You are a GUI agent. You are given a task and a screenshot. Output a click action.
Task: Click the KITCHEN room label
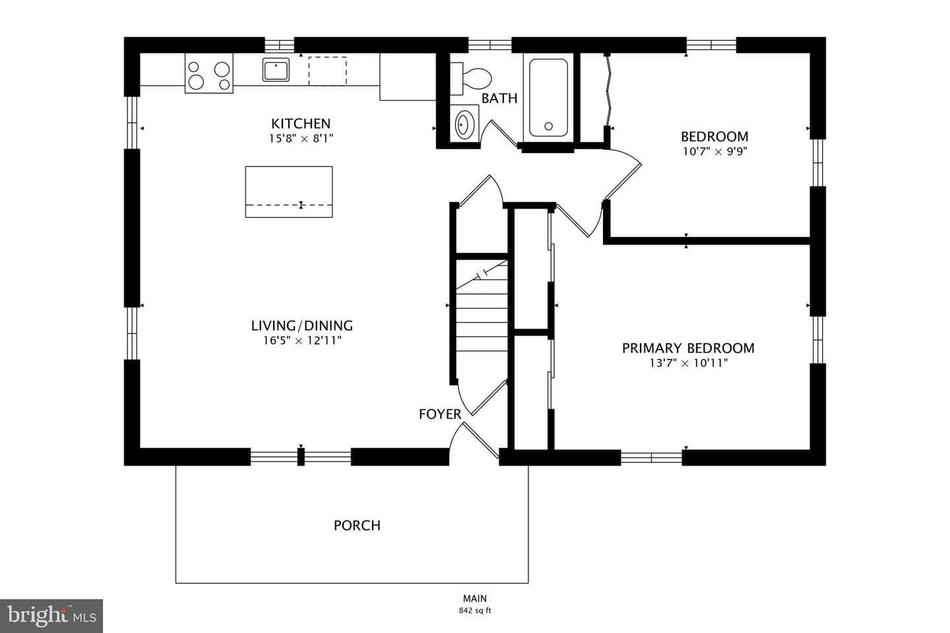point(301,123)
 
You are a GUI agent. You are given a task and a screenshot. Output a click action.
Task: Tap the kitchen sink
point(276,69)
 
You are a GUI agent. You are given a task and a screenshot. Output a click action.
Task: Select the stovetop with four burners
point(208,73)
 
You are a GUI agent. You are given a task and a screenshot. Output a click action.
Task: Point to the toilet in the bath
point(471,78)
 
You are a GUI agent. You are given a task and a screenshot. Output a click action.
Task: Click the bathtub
point(548,98)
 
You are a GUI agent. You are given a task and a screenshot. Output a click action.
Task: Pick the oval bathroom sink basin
point(465,124)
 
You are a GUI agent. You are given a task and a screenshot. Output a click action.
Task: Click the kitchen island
point(289,192)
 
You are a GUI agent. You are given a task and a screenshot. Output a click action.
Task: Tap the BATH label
point(499,98)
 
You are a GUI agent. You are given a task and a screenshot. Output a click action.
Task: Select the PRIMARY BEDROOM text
point(688,348)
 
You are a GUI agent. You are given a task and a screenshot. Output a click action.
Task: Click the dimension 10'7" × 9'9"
point(714,152)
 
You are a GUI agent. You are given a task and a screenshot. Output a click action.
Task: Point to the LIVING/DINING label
point(302,326)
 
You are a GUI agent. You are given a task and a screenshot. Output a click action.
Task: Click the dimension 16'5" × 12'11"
point(302,340)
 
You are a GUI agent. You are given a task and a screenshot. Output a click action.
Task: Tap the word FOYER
point(440,414)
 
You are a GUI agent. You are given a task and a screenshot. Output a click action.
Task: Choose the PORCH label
point(357,526)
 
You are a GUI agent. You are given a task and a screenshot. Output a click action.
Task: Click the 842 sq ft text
point(474,611)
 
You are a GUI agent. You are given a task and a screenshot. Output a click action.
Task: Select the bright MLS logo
point(51,616)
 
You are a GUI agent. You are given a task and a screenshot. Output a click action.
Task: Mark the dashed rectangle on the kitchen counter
point(327,71)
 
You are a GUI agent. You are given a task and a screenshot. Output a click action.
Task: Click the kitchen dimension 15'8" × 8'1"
point(301,138)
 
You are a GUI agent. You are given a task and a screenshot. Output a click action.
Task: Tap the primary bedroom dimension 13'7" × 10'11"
point(688,363)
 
